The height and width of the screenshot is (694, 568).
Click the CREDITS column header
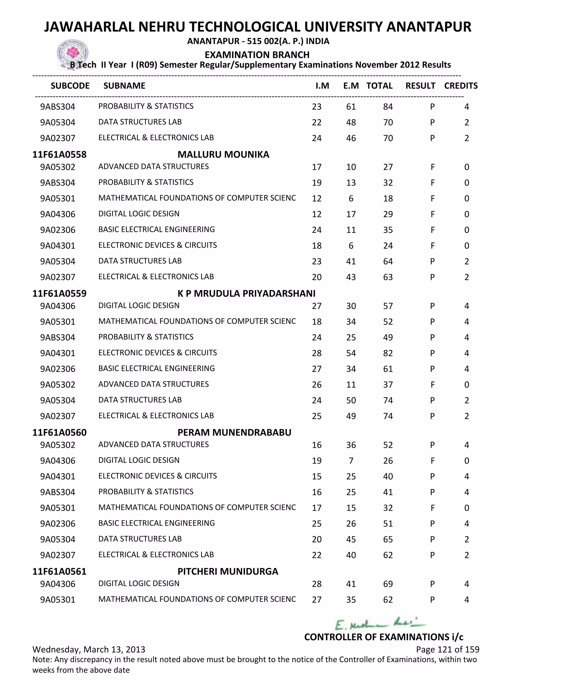pyautogui.click(x=461, y=86)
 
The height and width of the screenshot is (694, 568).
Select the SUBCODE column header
pyautogui.click(x=70, y=86)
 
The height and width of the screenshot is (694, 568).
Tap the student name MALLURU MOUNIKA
pyautogui.click(x=223, y=154)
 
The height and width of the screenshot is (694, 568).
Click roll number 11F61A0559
pyautogui.click(x=59, y=293)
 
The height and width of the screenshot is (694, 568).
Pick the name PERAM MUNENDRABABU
pyautogui.click(x=234, y=432)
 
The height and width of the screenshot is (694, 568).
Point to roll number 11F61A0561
pyautogui.click(x=59, y=571)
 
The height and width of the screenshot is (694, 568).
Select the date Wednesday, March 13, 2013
pyautogui.click(x=89, y=650)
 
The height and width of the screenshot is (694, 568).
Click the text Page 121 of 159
pyautogui.click(x=448, y=650)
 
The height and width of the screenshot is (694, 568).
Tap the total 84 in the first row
pyautogui.click(x=388, y=107)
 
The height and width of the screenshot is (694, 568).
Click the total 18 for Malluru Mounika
pyautogui.click(x=388, y=199)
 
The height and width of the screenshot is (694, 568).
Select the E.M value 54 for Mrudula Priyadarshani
pyautogui.click(x=351, y=353)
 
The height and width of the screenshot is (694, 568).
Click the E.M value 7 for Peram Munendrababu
pyautogui.click(x=351, y=461)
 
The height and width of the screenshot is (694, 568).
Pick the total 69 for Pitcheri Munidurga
pyautogui.click(x=388, y=584)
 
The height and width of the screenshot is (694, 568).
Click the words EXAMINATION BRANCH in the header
pyautogui.click(x=257, y=55)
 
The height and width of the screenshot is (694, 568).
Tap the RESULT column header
pyautogui.click(x=420, y=86)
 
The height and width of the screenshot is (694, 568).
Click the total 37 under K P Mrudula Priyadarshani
pyautogui.click(x=388, y=385)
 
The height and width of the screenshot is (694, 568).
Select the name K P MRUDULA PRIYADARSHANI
pyautogui.click(x=246, y=293)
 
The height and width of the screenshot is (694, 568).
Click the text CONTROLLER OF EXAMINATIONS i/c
pyautogui.click(x=384, y=637)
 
